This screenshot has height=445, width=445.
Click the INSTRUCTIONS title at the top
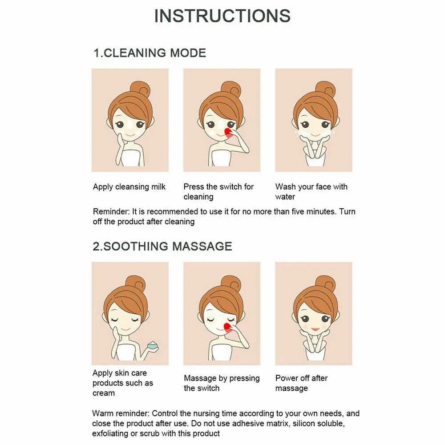[x=222, y=16]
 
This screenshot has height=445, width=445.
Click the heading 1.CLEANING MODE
[x=150, y=53]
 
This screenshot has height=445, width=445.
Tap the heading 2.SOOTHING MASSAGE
[x=162, y=247]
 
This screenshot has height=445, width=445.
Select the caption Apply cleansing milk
[x=129, y=187]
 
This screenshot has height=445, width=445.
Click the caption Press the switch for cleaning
[x=218, y=191]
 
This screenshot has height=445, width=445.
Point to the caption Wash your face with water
[x=311, y=191]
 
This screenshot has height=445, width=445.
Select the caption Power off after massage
[x=301, y=383]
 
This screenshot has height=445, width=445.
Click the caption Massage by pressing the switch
[x=222, y=383]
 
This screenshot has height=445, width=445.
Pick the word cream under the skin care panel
[x=104, y=393]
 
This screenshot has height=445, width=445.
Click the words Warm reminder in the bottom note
[x=121, y=413]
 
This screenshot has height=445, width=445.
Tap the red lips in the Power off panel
[x=316, y=329]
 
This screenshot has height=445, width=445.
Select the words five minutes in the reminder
[x=313, y=211]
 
